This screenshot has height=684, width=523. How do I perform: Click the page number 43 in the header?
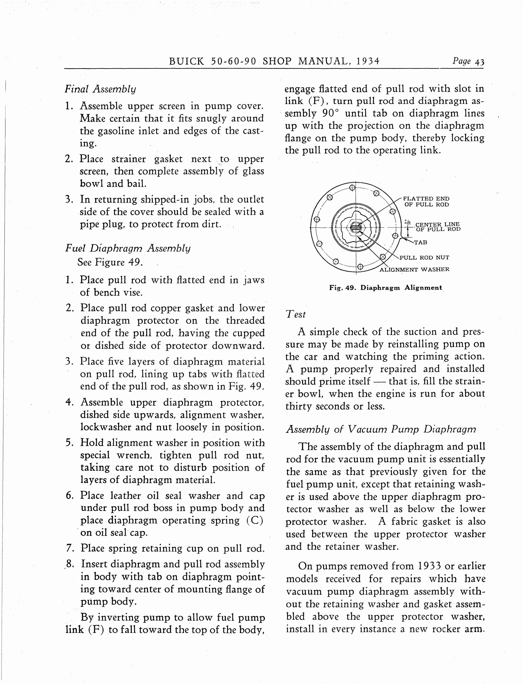(479, 62)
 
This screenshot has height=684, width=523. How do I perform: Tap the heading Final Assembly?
(100, 89)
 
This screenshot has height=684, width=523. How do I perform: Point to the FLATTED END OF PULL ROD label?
(426, 201)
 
